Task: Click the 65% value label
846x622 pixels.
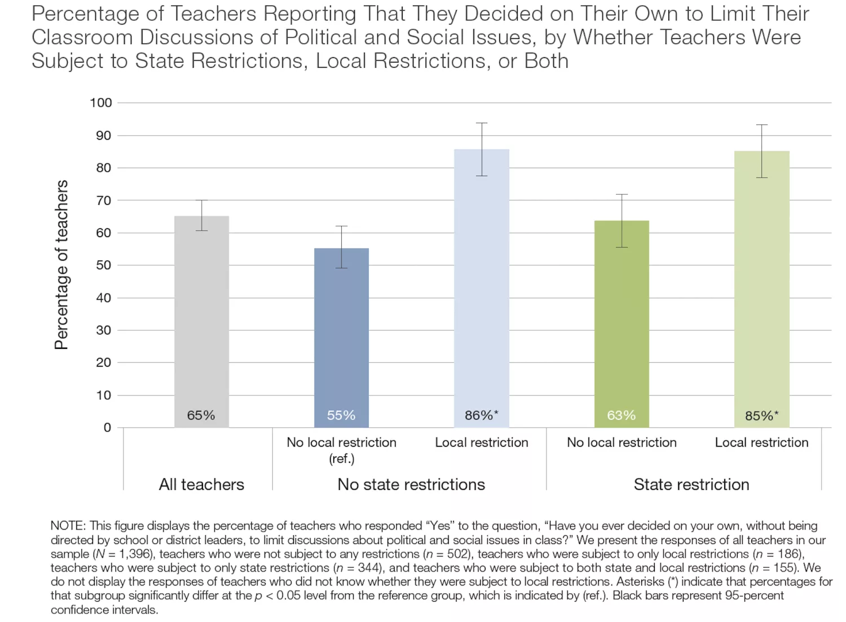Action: [201, 415]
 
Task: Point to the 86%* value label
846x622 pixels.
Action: [482, 415]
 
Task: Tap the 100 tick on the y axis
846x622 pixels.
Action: [101, 103]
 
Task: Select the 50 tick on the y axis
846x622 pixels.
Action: [103, 265]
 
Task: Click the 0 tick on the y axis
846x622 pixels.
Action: [107, 428]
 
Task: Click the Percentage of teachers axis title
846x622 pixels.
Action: [61, 265]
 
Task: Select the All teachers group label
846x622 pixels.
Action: [201, 485]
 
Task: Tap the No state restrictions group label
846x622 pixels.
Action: [411, 485]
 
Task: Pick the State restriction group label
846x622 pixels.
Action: [691, 485]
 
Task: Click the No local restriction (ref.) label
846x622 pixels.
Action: [341, 450]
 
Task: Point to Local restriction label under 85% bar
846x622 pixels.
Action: [761, 443]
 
